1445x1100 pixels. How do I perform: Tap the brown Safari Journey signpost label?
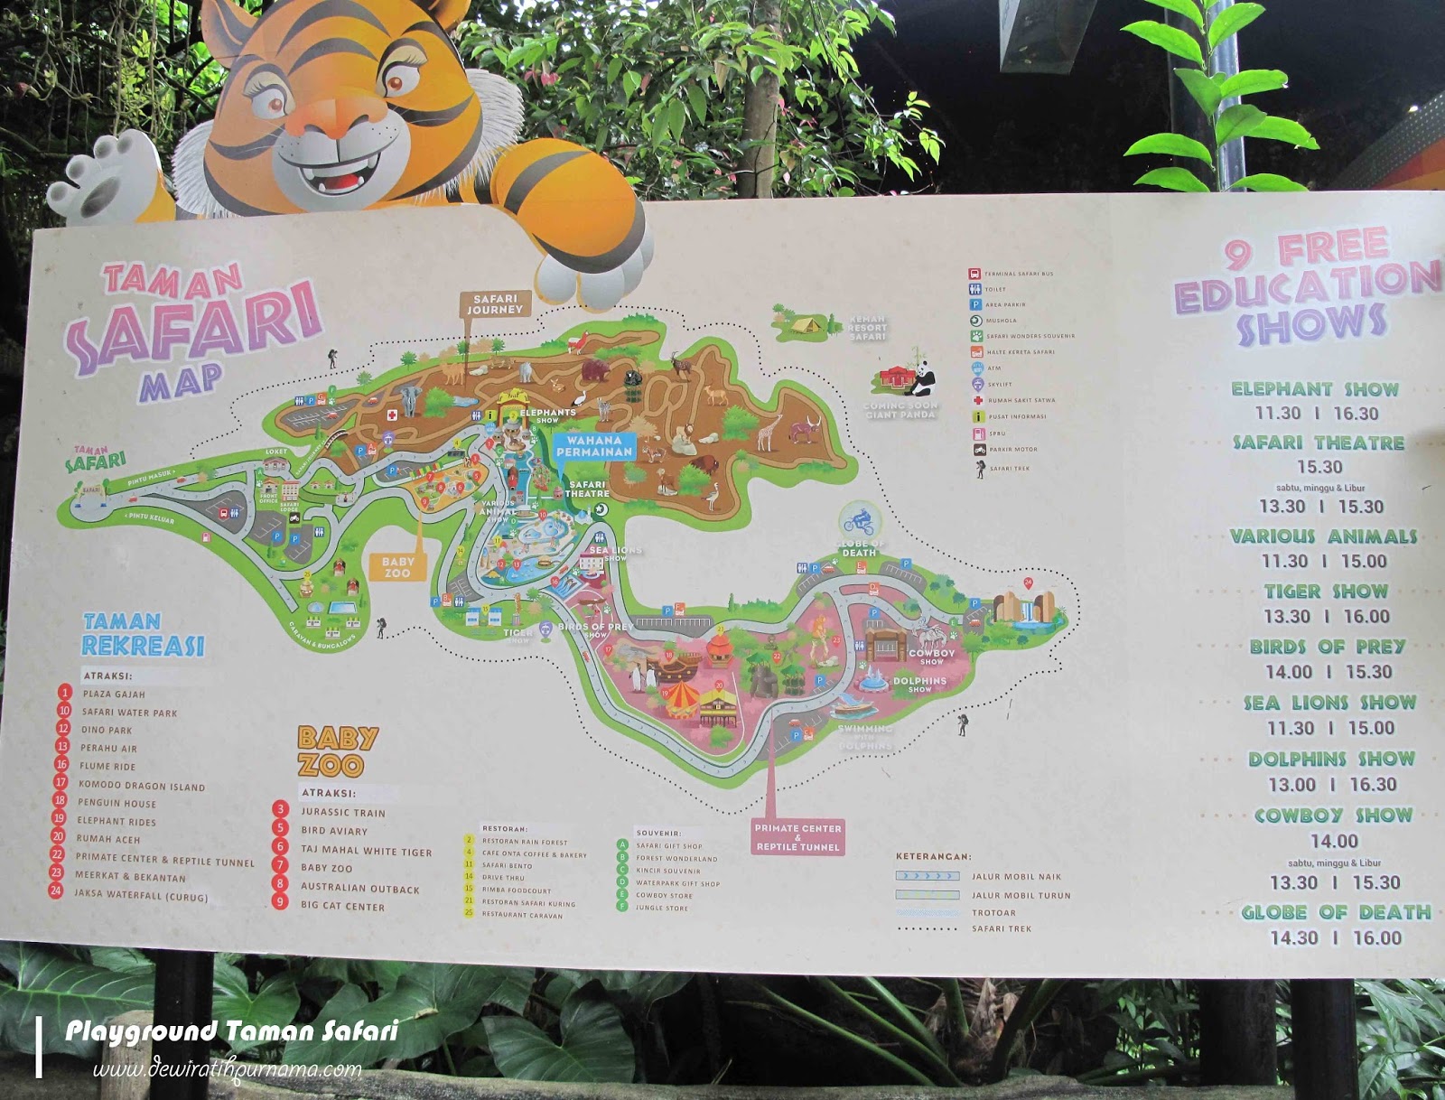[495, 304]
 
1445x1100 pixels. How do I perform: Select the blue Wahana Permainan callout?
[594, 446]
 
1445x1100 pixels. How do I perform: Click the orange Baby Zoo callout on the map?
[397, 567]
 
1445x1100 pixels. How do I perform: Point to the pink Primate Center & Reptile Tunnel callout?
[797, 837]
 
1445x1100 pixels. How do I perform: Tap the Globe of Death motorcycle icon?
[858, 520]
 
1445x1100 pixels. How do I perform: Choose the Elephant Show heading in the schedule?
[1315, 389]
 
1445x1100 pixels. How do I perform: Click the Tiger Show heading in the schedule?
[1326, 592]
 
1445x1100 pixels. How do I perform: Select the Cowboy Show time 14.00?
[1334, 841]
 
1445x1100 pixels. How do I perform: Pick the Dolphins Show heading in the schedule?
[1331, 760]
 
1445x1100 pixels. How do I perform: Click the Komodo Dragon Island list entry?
[142, 786]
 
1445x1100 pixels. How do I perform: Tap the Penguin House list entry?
[117, 803]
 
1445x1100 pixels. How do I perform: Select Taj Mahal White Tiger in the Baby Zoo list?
[366, 851]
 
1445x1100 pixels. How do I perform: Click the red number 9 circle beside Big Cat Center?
[281, 901]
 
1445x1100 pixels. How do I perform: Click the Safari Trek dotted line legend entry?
[1001, 928]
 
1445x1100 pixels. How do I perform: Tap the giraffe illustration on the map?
[769, 432]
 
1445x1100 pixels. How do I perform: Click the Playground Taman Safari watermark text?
[232, 1031]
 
